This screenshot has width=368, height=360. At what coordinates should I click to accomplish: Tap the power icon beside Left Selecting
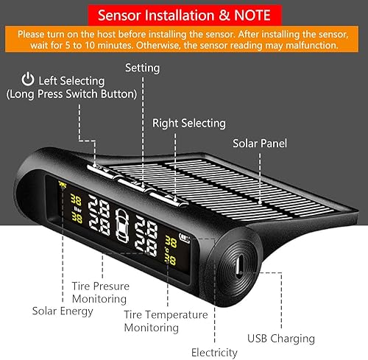pos(27,79)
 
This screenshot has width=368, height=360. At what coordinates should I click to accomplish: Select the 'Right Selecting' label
pos(188,123)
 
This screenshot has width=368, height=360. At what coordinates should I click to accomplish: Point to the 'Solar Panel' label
pos(259,143)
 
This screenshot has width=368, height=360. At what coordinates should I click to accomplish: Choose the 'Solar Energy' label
pos(63,311)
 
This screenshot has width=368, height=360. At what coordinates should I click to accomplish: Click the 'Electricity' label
pos(214,352)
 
